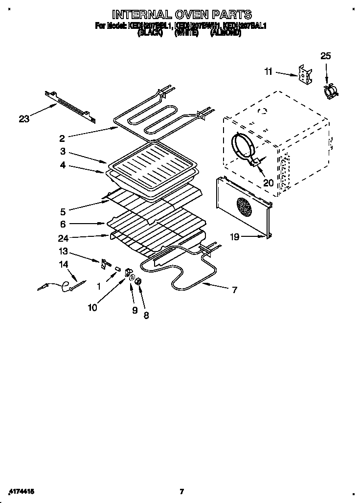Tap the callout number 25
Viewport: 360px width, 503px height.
[325, 56]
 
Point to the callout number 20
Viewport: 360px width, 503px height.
[268, 183]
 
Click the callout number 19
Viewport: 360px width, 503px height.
[236, 237]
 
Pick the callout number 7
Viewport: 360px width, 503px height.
[234, 290]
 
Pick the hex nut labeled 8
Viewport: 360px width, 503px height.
[138, 282]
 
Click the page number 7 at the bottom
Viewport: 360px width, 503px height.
[181, 491]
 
